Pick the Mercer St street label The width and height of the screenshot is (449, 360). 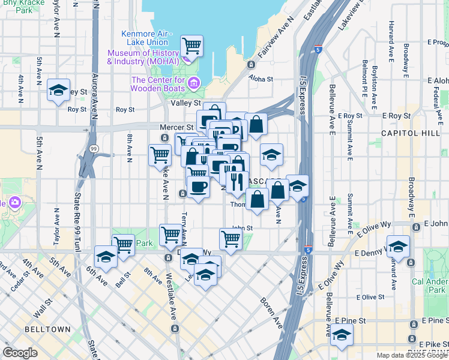176,127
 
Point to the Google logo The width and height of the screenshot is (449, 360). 20,352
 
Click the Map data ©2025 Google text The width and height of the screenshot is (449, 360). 411,355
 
